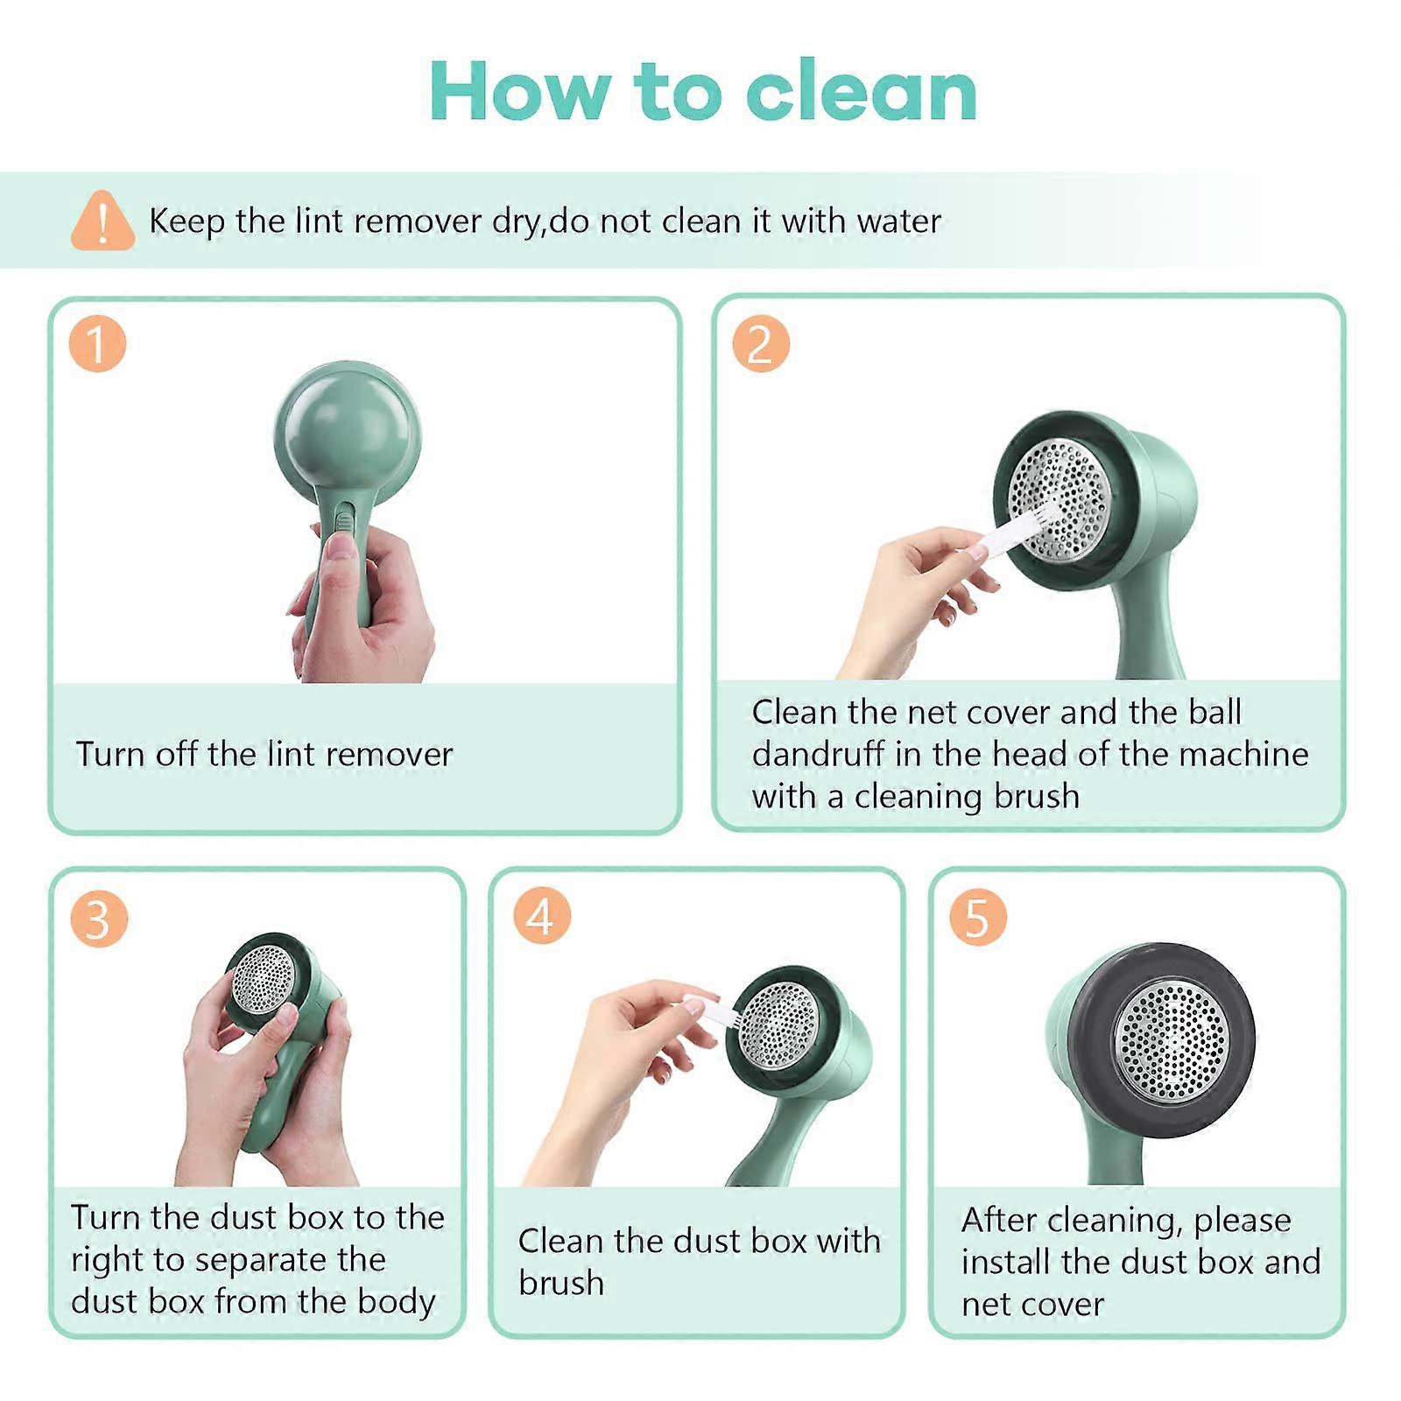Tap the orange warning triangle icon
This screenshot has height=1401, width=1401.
(102, 221)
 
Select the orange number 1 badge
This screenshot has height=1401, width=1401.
(97, 343)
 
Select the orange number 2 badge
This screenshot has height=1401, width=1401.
(760, 343)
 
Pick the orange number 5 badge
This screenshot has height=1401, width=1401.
(977, 917)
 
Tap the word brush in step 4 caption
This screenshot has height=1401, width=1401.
(561, 1283)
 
